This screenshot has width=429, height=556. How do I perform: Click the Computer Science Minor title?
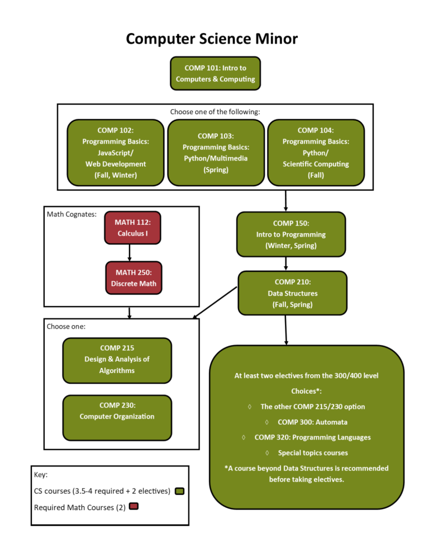click(x=212, y=39)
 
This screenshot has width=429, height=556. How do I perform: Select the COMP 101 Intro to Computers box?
click(x=215, y=73)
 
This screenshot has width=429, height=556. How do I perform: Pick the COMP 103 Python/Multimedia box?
click(x=216, y=153)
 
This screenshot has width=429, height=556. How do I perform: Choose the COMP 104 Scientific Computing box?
click(x=316, y=153)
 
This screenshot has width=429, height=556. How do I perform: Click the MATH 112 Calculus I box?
click(x=132, y=228)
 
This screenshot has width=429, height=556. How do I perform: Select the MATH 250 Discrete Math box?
click(x=134, y=278)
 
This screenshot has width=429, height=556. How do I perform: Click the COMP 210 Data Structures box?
click(x=292, y=293)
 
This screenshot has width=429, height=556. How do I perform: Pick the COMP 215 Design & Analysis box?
click(x=117, y=360)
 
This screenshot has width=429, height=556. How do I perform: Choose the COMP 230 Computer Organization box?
click(x=117, y=417)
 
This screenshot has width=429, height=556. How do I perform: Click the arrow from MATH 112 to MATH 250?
click(x=130, y=253)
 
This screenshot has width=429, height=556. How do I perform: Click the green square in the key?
click(x=180, y=491)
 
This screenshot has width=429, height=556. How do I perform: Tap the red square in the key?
click(x=134, y=507)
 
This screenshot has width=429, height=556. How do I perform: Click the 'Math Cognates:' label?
click(x=71, y=214)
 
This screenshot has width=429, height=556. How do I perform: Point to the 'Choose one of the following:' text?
click(x=214, y=111)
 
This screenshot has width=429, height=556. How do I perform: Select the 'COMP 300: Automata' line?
click(x=312, y=422)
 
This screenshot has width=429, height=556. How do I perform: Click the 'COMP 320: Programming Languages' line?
click(x=312, y=437)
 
